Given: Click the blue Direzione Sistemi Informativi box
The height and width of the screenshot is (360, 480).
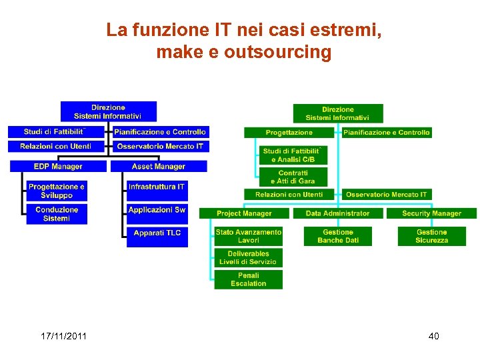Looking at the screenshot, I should tap(108, 111).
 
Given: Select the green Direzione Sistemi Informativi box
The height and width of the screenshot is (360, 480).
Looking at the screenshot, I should tap(338, 113).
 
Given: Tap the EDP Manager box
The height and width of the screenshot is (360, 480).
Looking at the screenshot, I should tap(58, 167).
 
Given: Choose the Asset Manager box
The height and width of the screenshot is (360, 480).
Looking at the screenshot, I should tap(159, 167).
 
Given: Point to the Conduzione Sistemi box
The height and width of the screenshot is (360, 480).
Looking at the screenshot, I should tap(57, 214).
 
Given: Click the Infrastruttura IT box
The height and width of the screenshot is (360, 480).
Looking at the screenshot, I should tap(157, 187).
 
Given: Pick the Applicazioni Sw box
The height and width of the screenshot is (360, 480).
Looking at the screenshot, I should tap(157, 210).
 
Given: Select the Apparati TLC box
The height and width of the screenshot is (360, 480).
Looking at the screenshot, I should tap(157, 233).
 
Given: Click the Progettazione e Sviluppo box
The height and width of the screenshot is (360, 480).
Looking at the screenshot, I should tap(57, 191).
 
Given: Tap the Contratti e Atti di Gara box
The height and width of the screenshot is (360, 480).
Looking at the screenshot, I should tap(293, 177).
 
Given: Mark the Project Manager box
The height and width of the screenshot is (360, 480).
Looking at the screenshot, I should tap(244, 213).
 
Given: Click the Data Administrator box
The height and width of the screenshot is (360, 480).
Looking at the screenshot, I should tap(337, 213).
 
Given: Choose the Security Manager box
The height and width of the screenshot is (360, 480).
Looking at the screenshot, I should tap(431, 213).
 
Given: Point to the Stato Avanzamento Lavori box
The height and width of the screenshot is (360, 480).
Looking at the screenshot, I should tap(249, 236).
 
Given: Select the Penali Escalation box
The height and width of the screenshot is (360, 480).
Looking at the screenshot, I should tap(249, 279).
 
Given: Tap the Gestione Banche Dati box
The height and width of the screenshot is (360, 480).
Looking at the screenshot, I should tap(338, 236).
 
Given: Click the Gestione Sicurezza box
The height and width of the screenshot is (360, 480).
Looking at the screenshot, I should tap(431, 236).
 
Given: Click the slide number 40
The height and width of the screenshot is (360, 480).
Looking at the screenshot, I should tap(433, 336).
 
